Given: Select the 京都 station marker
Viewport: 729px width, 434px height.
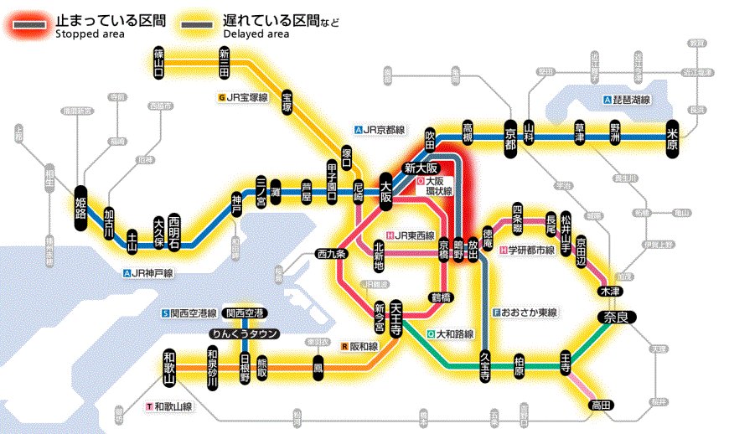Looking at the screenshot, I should pyautogui.click(x=512, y=133).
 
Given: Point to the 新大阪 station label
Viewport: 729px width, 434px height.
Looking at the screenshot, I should pyautogui.click(x=421, y=167).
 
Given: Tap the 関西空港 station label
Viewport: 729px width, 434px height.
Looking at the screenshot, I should pyautogui.click(x=246, y=313).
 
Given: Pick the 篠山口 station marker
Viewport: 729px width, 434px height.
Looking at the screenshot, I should pyautogui.click(x=158, y=62).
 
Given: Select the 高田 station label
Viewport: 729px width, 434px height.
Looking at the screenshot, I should pyautogui.click(x=601, y=405).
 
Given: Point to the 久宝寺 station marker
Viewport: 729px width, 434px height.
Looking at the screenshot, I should pyautogui.click(x=484, y=365).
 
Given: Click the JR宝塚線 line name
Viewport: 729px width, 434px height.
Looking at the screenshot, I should pyautogui.click(x=246, y=98).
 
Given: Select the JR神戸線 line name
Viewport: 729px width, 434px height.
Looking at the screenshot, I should pyautogui.click(x=152, y=273).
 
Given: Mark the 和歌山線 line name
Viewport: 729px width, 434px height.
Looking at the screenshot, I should pyautogui.click(x=172, y=407).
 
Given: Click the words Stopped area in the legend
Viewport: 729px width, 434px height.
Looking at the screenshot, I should pyautogui.click(x=90, y=34).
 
